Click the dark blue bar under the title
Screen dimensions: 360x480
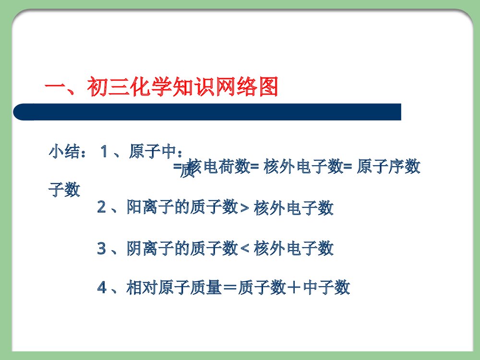(207, 112)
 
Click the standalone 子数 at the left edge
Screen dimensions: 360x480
(64, 190)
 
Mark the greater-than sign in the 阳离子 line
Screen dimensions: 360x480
(244, 208)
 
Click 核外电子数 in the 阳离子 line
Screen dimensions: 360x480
(293, 208)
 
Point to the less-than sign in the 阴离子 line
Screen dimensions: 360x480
(244, 249)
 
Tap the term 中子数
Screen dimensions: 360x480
(327, 288)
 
